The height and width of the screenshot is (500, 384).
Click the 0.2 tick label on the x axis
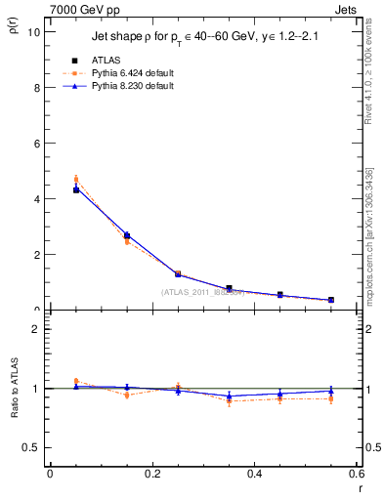point(151,474)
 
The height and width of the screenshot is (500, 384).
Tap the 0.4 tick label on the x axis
point(254,474)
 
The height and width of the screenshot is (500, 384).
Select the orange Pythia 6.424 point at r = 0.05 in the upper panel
point(76,179)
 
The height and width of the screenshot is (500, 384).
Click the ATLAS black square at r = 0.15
point(127,235)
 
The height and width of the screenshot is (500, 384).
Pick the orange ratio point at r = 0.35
point(229,400)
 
